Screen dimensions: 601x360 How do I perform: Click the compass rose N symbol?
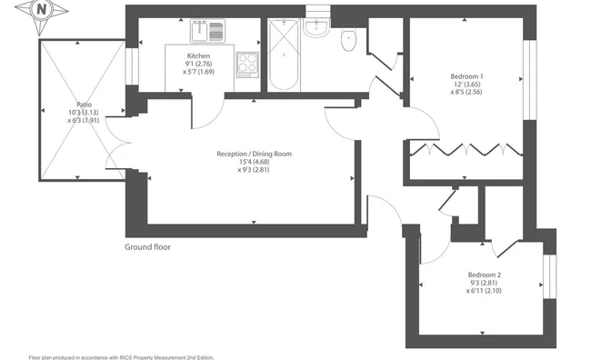41,10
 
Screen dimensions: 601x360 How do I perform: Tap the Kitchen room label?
198,56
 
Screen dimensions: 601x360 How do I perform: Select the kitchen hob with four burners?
247,65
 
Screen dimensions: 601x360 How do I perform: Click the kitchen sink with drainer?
207,31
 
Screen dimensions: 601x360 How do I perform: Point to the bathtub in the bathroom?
284,55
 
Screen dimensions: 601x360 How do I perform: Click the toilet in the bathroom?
348,40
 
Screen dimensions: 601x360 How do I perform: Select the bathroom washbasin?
316,27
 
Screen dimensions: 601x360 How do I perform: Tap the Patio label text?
84,105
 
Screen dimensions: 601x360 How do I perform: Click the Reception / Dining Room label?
254,154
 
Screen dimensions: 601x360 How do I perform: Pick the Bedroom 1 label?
466,76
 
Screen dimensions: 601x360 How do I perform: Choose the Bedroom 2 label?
485,275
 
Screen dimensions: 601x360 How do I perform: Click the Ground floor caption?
147,247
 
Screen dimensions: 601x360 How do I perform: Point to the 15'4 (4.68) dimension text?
254,162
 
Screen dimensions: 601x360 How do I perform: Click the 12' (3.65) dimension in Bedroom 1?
466,85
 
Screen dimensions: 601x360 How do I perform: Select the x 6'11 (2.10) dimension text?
484,291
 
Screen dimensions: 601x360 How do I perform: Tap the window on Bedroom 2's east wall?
550,276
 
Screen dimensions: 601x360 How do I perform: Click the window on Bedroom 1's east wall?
530,79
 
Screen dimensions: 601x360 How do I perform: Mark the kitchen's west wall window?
132,66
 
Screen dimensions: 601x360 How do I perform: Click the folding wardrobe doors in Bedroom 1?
466,149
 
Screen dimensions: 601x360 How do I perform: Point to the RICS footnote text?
121,357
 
